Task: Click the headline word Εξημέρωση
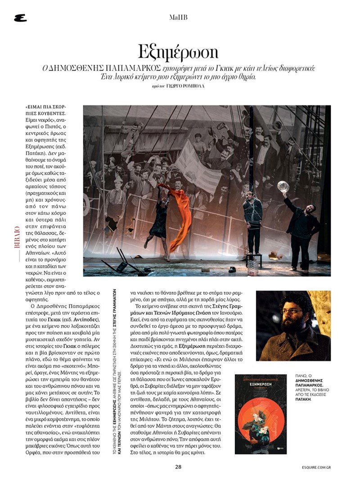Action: (x=179, y=52)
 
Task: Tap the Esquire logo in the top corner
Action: (x=20, y=18)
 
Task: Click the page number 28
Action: (x=178, y=466)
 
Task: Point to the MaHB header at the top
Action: (x=178, y=18)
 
